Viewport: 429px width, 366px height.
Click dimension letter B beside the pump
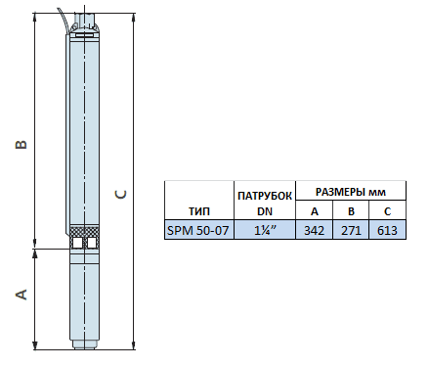(x=21, y=145)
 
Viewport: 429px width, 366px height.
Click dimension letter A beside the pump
(x=21, y=295)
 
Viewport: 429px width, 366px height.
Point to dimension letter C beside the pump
(x=120, y=195)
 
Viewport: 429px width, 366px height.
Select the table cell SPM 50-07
(x=199, y=230)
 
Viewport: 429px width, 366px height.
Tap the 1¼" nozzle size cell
(x=265, y=230)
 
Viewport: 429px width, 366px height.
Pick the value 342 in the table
(x=314, y=231)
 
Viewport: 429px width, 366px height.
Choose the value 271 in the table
(x=351, y=231)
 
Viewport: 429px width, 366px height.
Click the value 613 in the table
(x=387, y=231)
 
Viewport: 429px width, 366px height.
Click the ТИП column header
(x=199, y=211)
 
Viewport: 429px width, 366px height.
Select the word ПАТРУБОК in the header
(x=265, y=196)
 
